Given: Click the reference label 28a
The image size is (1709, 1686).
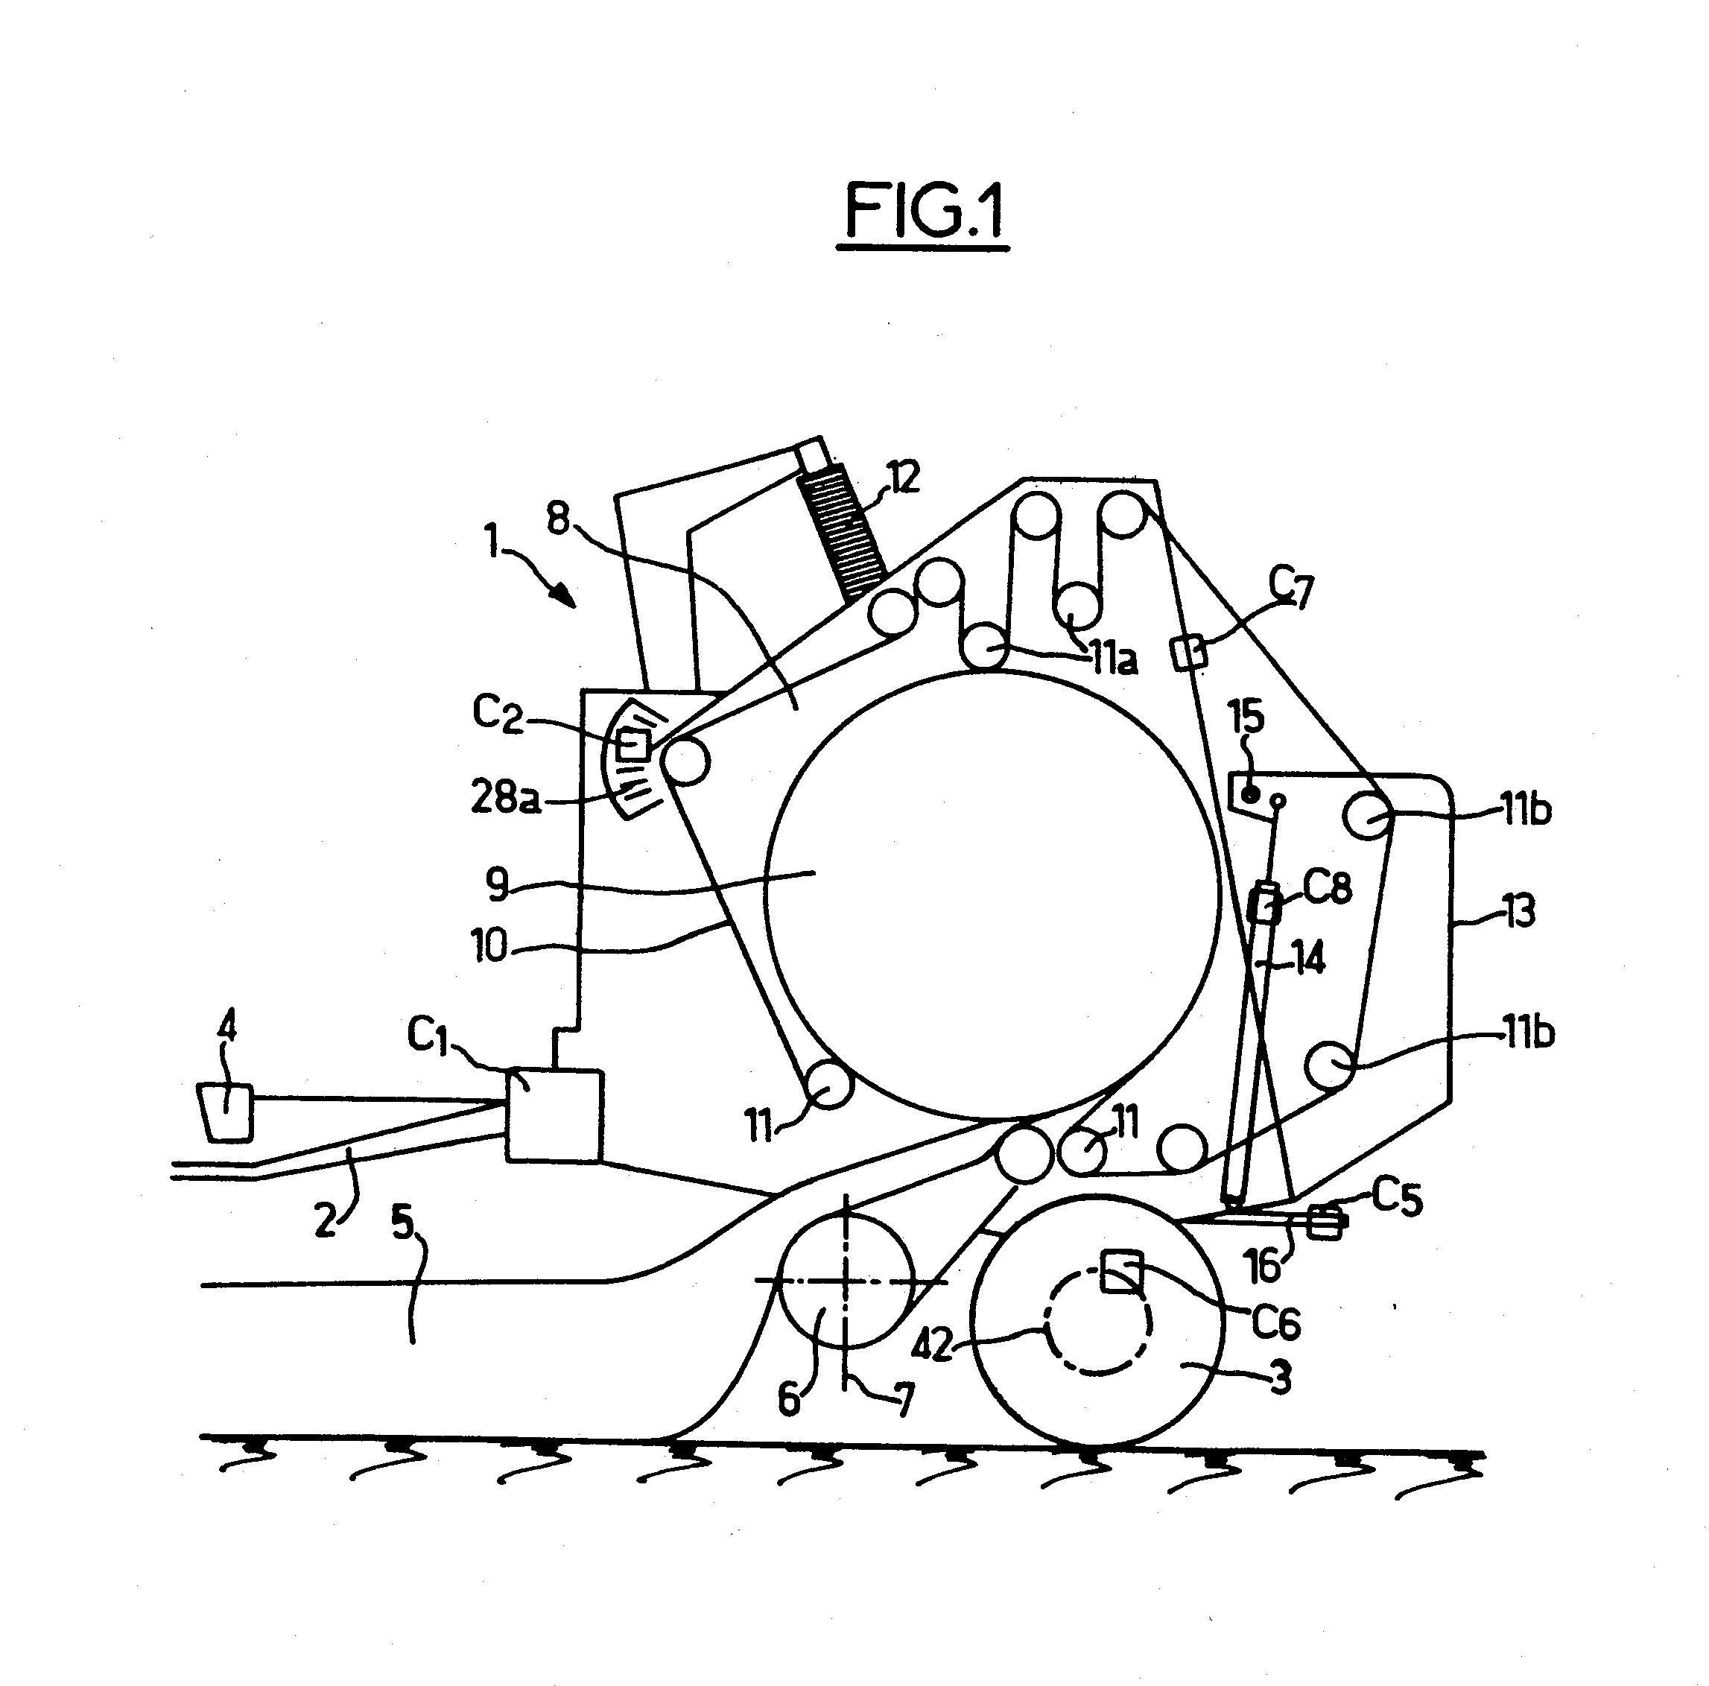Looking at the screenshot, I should pyautogui.click(x=505, y=798).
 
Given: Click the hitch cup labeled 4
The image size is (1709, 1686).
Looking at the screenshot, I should pyautogui.click(x=225, y=1111).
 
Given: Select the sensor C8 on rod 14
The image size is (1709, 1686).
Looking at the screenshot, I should pyautogui.click(x=1266, y=906).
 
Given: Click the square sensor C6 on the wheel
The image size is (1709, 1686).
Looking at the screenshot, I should pyautogui.click(x=1120, y=1271).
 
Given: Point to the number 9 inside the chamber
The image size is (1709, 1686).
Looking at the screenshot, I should pyautogui.click(x=498, y=884).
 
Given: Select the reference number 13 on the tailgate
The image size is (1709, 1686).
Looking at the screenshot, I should pyautogui.click(x=1519, y=912).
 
